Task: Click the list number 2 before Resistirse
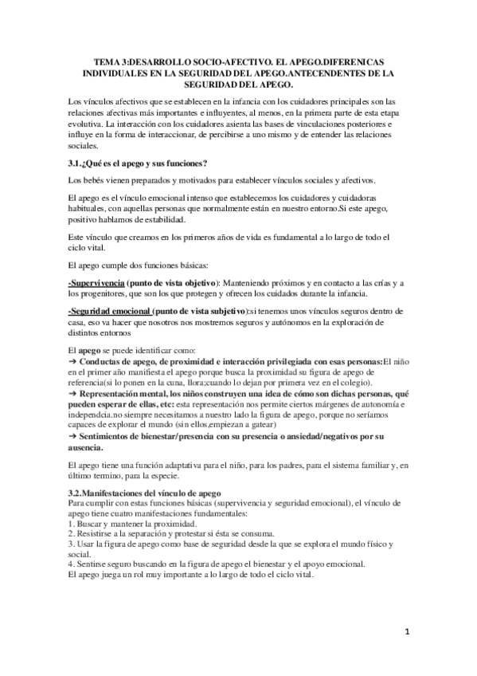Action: tap(71, 533)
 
